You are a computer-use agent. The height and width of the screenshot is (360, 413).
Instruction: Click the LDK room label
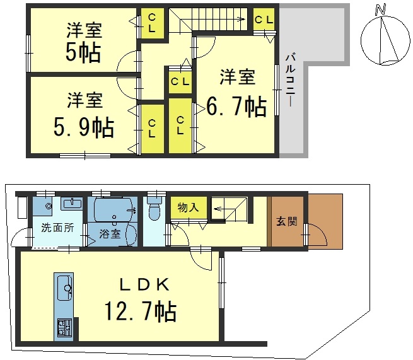pyautogui.click(x=144, y=285)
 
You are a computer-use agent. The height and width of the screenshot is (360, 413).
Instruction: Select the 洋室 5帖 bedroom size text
pyautogui.click(x=83, y=53)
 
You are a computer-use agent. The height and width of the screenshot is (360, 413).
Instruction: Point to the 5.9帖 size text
pyautogui.click(x=84, y=127)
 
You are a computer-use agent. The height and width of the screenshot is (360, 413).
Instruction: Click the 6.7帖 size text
pyautogui.click(x=236, y=107)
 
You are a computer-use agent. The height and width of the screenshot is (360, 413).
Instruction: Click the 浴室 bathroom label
pyautogui.click(x=110, y=234)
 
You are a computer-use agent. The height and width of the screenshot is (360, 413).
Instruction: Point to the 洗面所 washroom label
pyautogui.click(x=57, y=228)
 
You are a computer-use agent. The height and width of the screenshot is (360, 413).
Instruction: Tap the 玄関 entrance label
pyautogui.click(x=286, y=221)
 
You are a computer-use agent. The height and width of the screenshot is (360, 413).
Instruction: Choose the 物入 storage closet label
pyautogui.click(x=188, y=207)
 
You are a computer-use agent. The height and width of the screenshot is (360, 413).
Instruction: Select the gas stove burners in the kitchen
pyautogui.click(x=64, y=327)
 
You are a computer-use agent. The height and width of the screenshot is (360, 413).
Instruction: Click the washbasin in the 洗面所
pyautogui.click(x=72, y=204)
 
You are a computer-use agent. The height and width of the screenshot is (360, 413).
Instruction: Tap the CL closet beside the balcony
pyautogui.click(x=264, y=20)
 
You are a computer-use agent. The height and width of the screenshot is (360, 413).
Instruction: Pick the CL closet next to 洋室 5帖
pyautogui.click(x=152, y=23)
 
